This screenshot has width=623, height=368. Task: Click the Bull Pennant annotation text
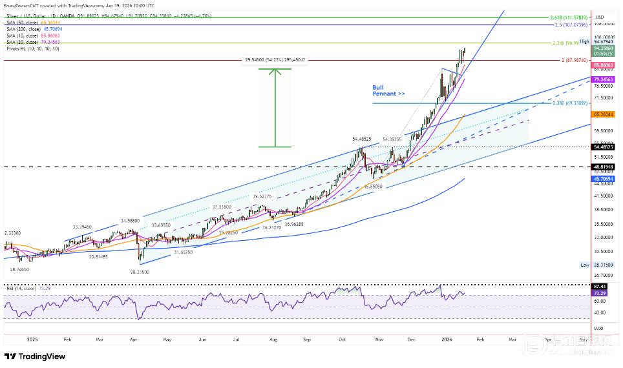tap(388, 90)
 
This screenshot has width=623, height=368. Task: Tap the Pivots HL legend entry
tap(32, 48)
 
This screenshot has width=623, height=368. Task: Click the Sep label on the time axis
tap(307, 338)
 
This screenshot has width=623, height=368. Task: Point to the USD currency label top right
tap(599, 17)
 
